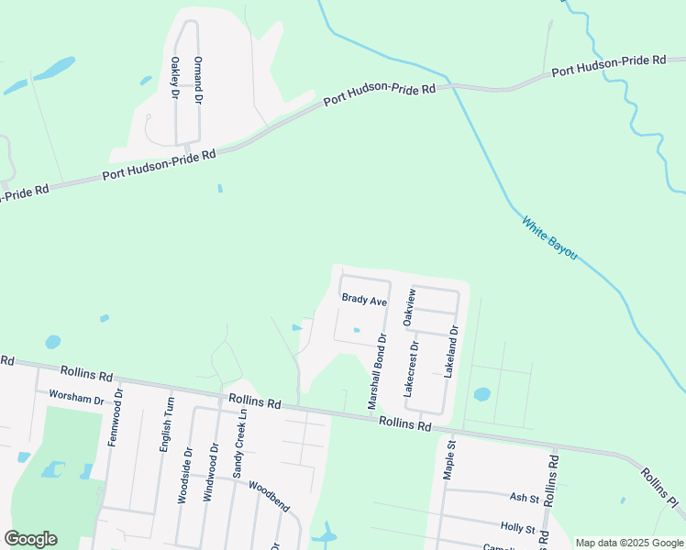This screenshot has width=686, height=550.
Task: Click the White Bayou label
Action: click(x=549, y=236)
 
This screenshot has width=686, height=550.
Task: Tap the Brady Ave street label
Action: click(x=364, y=300)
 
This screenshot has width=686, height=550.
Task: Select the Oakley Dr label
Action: click(x=175, y=77)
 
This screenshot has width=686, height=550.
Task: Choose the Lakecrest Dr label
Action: click(x=411, y=368)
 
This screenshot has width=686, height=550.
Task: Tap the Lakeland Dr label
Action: click(x=450, y=352)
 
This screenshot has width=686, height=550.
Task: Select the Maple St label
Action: click(x=449, y=458)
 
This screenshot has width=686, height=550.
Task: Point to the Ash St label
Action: click(x=525, y=498)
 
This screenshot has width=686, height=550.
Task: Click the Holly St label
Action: click(x=517, y=529)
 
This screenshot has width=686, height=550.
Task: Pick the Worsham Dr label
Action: click(x=77, y=399)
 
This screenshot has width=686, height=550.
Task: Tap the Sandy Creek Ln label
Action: click(x=238, y=444)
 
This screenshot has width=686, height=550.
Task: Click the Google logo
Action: click(x=30, y=539)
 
